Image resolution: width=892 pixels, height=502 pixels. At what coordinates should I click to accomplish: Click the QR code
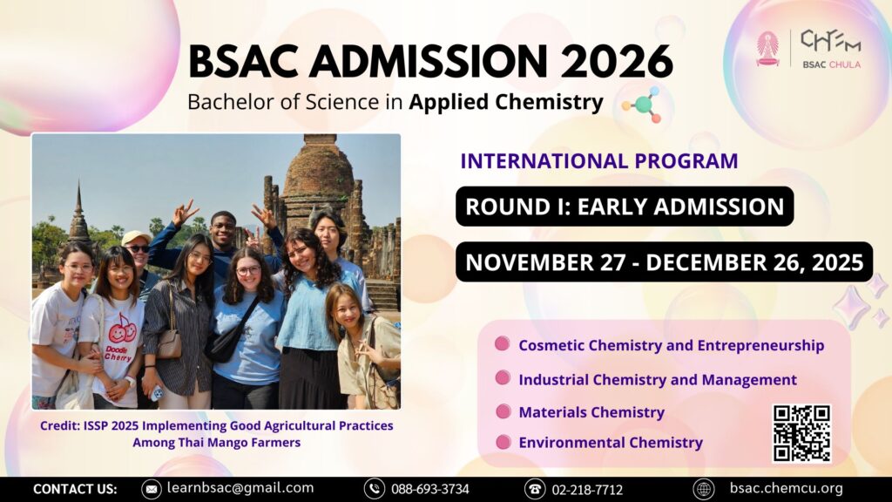pyautogui.click(x=801, y=433)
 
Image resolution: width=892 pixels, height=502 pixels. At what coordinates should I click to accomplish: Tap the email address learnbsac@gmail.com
pyautogui.click(x=240, y=488)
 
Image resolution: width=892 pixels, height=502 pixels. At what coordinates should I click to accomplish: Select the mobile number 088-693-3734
pyautogui.click(x=430, y=489)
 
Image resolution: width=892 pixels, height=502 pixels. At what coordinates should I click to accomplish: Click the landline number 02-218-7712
pyautogui.click(x=587, y=490)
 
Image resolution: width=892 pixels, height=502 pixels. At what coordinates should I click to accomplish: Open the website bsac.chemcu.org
pyautogui.click(x=787, y=488)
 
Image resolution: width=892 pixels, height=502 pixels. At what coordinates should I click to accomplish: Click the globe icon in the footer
pyautogui.click(x=704, y=489)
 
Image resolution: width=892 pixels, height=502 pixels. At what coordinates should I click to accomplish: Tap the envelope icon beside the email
pyautogui.click(x=152, y=489)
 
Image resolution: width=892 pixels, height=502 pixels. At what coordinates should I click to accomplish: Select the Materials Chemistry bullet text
pyautogui.click(x=591, y=412)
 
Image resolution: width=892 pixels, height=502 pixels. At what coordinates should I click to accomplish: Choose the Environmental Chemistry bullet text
pyautogui.click(x=611, y=442)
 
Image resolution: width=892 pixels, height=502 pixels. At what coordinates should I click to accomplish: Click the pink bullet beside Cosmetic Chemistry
pyautogui.click(x=503, y=343)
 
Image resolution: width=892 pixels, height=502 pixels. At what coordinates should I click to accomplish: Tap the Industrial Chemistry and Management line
pyautogui.click(x=658, y=380)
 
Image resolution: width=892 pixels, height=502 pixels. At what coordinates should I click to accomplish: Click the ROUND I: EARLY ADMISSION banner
pyautogui.click(x=625, y=206)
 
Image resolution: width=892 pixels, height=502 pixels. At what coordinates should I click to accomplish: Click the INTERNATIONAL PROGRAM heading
pyautogui.click(x=599, y=161)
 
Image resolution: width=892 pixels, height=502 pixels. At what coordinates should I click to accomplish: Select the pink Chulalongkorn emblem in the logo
pyautogui.click(x=768, y=49)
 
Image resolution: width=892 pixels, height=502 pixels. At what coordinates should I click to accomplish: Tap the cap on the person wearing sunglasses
pyautogui.click(x=135, y=237)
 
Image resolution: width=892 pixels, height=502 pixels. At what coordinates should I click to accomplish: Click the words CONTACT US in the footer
pyautogui.click(x=75, y=489)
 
